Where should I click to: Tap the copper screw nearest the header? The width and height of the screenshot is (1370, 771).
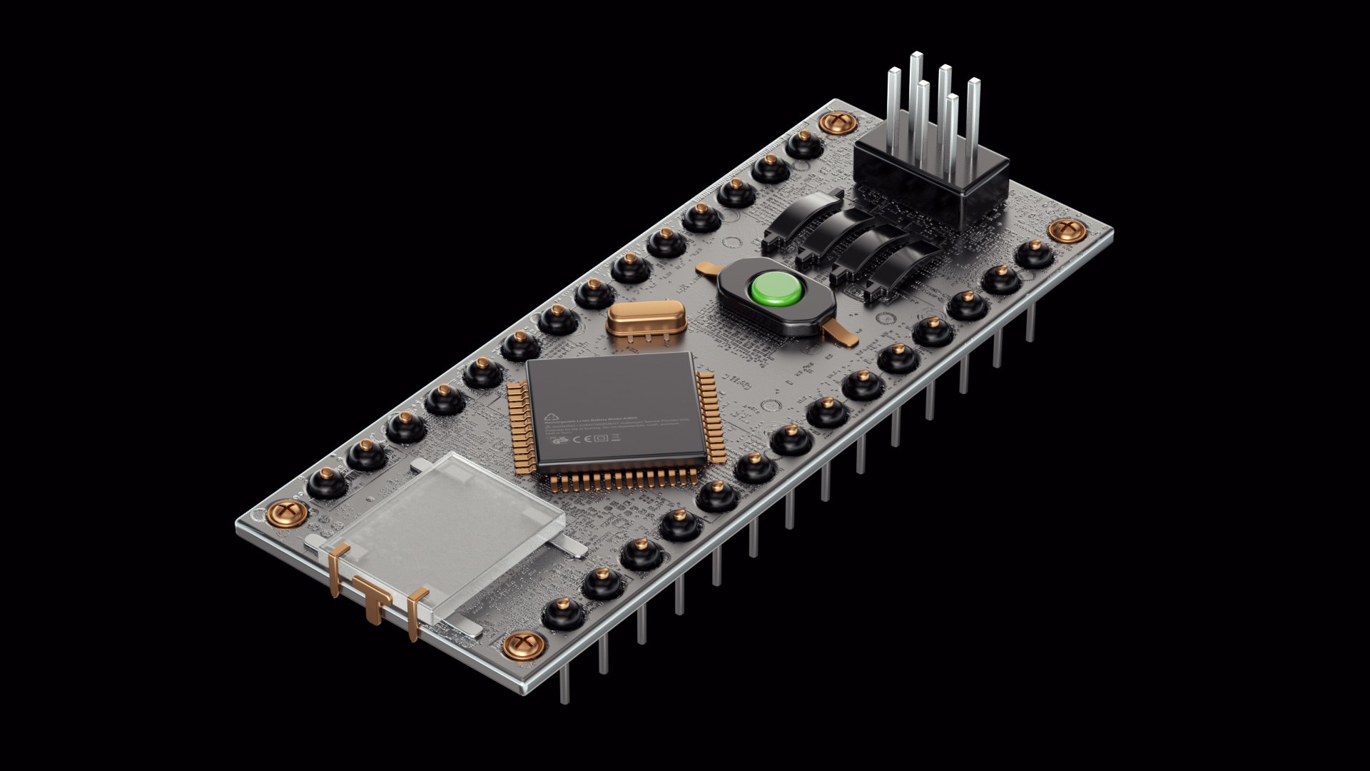pos(837,123)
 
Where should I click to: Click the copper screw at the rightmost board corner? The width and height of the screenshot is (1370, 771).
pos(1066,230)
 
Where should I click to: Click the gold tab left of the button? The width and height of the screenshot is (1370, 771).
pos(708,269)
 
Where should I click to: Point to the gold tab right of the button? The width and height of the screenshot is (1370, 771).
pos(840,333)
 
